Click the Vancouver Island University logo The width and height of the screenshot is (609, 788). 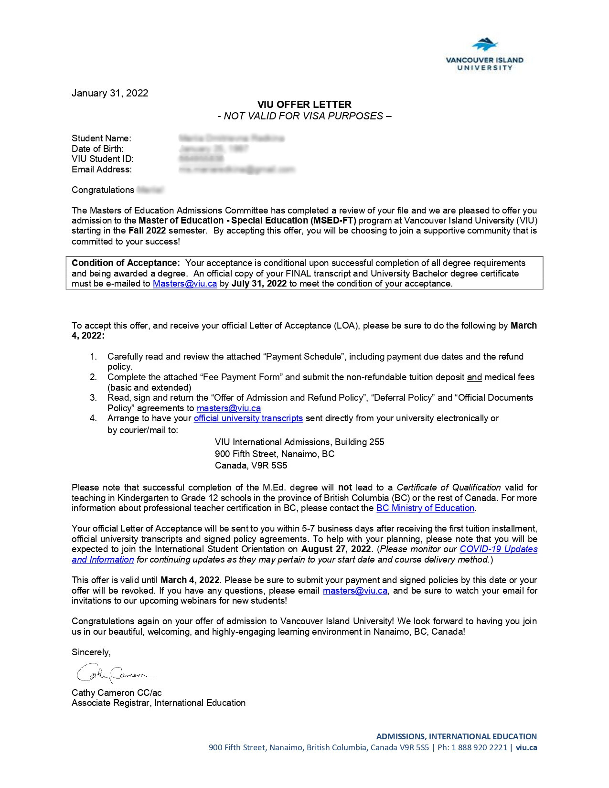(x=484, y=54)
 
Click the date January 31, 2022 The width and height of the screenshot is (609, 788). (x=110, y=93)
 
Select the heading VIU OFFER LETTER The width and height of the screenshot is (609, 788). (x=304, y=105)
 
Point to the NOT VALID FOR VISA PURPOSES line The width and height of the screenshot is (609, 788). (x=304, y=116)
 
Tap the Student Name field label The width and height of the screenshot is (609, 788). (x=101, y=138)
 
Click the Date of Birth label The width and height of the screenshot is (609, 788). (x=97, y=149)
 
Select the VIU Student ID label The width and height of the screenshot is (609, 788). (x=103, y=159)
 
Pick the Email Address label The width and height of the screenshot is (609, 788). (x=102, y=170)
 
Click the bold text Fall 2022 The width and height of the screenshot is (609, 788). (x=147, y=231)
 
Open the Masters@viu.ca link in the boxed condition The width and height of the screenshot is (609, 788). (x=185, y=284)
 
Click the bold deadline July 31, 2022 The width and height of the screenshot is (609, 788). (x=259, y=284)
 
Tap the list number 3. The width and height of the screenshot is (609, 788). (x=93, y=398)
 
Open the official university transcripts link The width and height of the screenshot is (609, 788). (x=248, y=418)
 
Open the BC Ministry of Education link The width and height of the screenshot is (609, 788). (x=425, y=508)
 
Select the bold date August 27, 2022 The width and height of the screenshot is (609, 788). (x=336, y=549)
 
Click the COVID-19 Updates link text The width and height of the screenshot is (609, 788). (x=498, y=549)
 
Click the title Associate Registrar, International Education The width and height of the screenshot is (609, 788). (x=159, y=703)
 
